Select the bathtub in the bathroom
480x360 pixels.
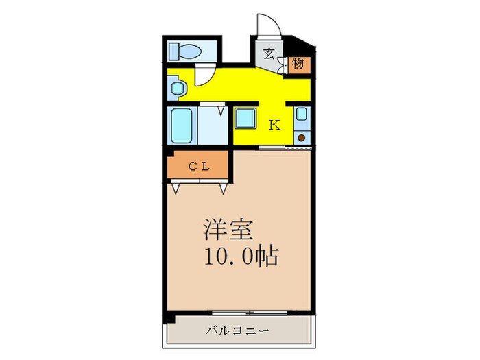pos(182,125)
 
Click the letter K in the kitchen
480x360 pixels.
pos(274,125)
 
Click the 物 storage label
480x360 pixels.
pos(298,64)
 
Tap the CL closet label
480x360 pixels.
pos(198,165)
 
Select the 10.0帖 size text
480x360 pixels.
pos(240,256)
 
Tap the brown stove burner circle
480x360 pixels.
pos(302,139)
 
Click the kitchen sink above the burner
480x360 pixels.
pos(302,118)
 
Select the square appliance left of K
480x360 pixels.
pos(245,119)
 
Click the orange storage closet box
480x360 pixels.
pos(298,64)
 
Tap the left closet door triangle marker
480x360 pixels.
pos(178,186)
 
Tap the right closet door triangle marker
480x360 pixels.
pos(223,186)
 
